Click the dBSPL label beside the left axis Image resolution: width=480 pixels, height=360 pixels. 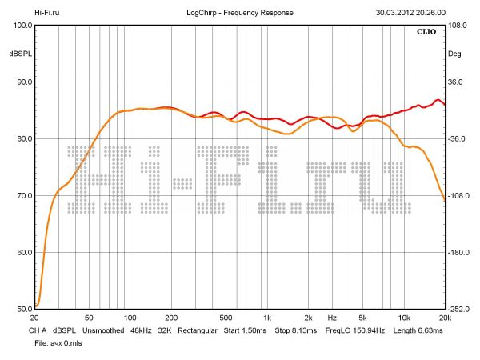coord(19,54)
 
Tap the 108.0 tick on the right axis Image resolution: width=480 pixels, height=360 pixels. coord(458,26)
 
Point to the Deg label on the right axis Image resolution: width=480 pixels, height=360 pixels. coord(454,54)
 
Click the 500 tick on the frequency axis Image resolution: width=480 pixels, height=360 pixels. coord(226,318)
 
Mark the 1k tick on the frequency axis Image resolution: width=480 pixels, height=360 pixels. coord(267,318)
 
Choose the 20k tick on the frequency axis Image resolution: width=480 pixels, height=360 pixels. coord(444,318)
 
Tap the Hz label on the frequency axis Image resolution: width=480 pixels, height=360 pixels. coord(331,318)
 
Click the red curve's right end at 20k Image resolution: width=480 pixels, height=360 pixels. coord(444,105)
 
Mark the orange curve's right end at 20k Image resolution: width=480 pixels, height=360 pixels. coord(444,199)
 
